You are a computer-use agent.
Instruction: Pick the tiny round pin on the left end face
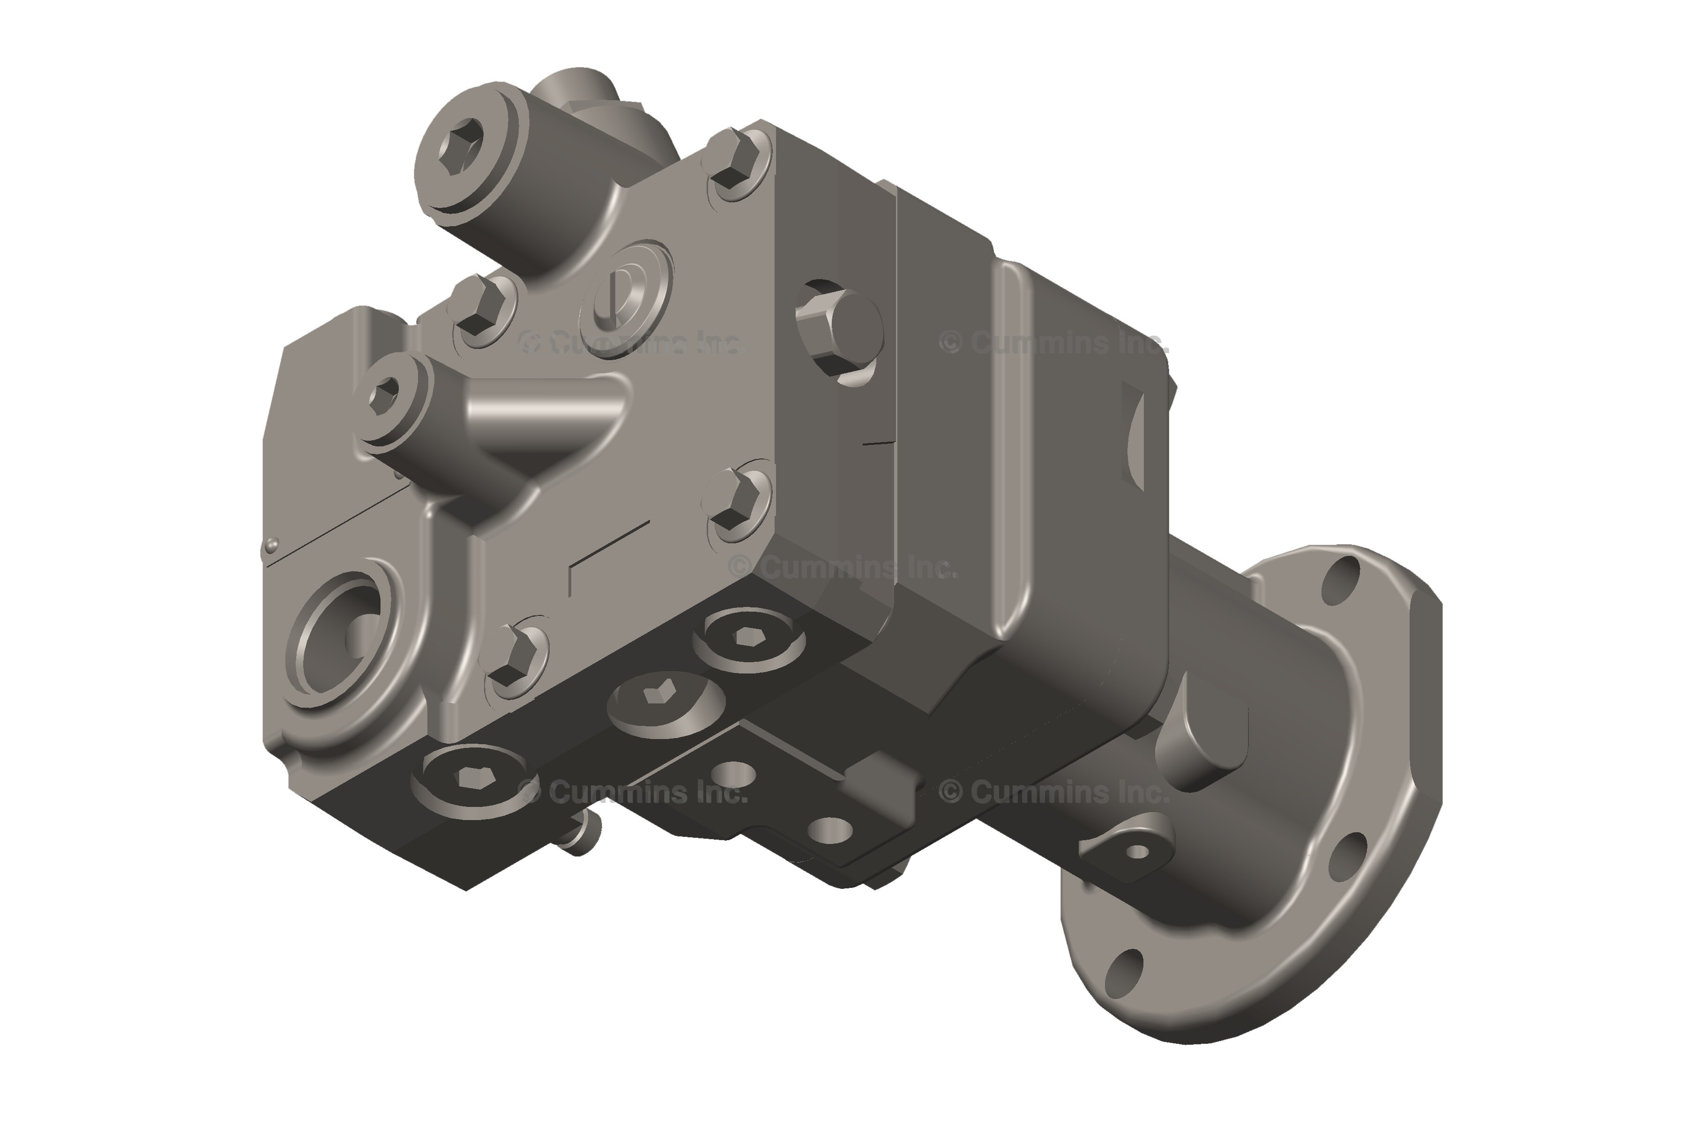coord(271,546)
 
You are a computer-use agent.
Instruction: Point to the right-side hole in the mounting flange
coord(1346,857)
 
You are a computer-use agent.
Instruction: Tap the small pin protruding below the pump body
coord(587,835)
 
